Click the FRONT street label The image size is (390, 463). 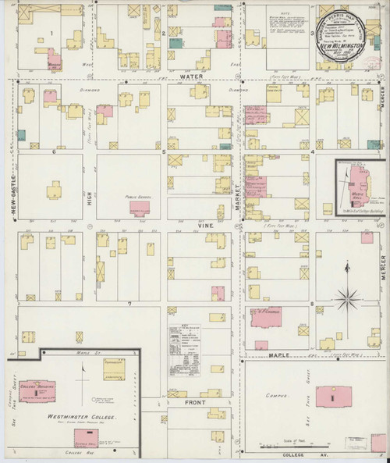click(x=195, y=402)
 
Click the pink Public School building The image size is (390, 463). click(x=140, y=208)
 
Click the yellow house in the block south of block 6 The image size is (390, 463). click(x=54, y=192)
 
